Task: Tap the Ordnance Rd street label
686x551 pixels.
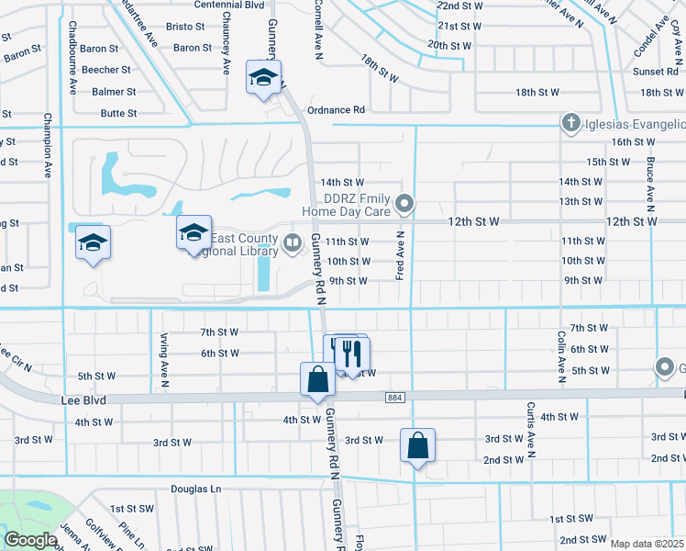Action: pyautogui.click(x=336, y=109)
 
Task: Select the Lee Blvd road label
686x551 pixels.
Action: pyautogui.click(x=84, y=400)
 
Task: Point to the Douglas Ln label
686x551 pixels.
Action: pyautogui.click(x=196, y=489)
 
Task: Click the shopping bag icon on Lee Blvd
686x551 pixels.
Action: pyautogui.click(x=316, y=379)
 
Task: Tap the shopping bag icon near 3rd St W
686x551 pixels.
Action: pyautogui.click(x=417, y=445)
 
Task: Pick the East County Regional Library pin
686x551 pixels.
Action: pyautogui.click(x=293, y=242)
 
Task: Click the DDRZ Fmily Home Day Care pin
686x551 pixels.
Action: pyautogui.click(x=404, y=204)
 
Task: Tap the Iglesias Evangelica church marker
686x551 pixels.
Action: pyautogui.click(x=570, y=123)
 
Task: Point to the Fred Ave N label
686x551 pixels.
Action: pyautogui.click(x=400, y=256)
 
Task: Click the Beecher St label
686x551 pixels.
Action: pyautogui.click(x=106, y=70)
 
